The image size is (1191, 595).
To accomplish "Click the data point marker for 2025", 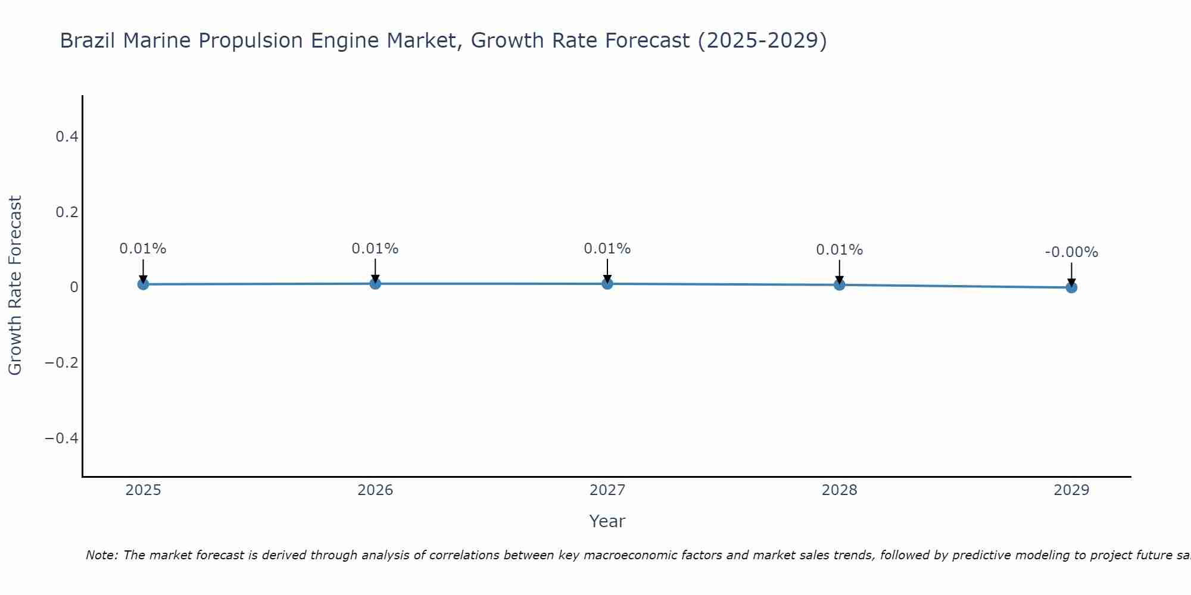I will click(x=143, y=284).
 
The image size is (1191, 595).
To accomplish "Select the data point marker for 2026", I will click(x=375, y=284).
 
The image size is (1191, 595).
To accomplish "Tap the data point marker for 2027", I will click(x=607, y=284).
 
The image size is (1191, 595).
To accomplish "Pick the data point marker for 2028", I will click(x=839, y=285).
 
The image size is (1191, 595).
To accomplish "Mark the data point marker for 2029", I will click(x=1071, y=287).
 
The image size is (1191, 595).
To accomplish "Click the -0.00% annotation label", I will click(x=1071, y=252).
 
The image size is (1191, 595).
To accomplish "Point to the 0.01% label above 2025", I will click(x=143, y=249).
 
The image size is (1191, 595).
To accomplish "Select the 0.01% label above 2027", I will click(x=607, y=249).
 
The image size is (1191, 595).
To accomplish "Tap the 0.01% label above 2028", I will click(x=839, y=250).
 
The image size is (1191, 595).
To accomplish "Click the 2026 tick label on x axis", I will click(x=375, y=490).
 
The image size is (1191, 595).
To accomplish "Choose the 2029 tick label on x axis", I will click(x=1071, y=490).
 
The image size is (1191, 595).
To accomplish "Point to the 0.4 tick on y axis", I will click(x=67, y=137).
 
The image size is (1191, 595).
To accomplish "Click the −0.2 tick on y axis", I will click(x=62, y=363).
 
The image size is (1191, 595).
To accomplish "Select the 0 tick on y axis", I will click(x=74, y=287).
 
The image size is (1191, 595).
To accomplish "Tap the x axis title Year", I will click(x=607, y=521).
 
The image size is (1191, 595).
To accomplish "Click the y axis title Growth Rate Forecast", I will click(x=15, y=286).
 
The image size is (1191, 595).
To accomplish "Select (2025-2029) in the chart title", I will click(x=762, y=40).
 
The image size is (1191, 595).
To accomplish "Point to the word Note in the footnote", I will click(x=102, y=555).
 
